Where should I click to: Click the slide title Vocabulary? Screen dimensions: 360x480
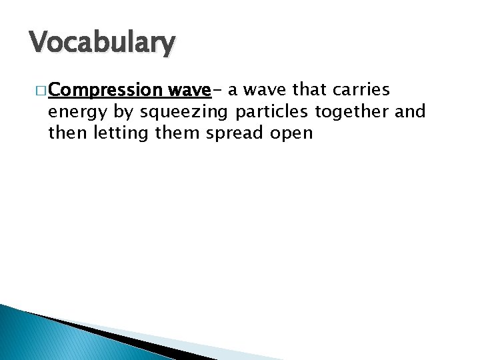tap(102, 43)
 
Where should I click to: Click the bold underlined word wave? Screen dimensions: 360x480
tap(189, 90)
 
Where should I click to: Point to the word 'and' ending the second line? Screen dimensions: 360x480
tap(411, 111)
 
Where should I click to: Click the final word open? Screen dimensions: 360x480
tap(291, 133)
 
